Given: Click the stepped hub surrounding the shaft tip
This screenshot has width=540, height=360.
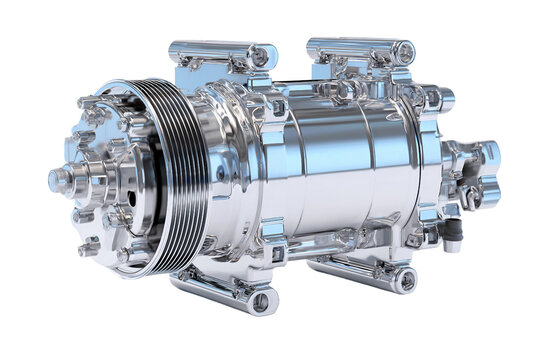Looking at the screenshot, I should click(x=85, y=180).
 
